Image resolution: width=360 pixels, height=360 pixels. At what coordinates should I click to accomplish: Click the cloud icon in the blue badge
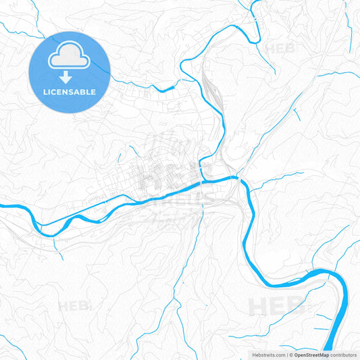click(x=70, y=59)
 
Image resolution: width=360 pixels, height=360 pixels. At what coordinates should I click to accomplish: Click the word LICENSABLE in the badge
click(x=70, y=91)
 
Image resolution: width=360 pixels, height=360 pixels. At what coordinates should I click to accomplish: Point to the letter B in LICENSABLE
click(x=86, y=91)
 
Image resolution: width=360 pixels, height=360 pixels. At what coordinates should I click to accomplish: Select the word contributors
click(x=343, y=354)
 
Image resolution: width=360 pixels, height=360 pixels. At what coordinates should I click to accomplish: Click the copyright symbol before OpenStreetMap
click(x=291, y=354)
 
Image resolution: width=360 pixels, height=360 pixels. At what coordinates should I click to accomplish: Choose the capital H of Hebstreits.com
click(x=255, y=354)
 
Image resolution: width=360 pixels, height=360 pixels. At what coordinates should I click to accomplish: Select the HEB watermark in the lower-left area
click(x=74, y=307)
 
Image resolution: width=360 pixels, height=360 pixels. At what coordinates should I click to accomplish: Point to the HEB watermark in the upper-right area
click(x=280, y=49)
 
